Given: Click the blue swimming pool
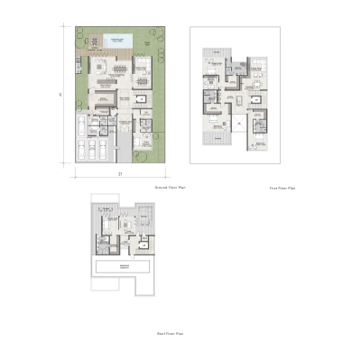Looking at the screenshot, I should pyautogui.click(x=118, y=41).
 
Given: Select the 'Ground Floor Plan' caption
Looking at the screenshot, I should pyautogui.click(x=170, y=187).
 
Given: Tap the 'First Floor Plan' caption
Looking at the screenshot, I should pyautogui.click(x=282, y=189).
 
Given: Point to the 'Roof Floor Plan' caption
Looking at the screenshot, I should pyautogui.click(x=170, y=334).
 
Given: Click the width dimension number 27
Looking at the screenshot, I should pyautogui.click(x=119, y=172).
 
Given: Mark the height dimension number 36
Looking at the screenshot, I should pyautogui.click(x=60, y=95).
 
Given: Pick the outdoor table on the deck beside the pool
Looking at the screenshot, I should pyautogui.click(x=90, y=41).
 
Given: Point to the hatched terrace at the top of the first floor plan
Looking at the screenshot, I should pyautogui.click(x=210, y=57).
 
